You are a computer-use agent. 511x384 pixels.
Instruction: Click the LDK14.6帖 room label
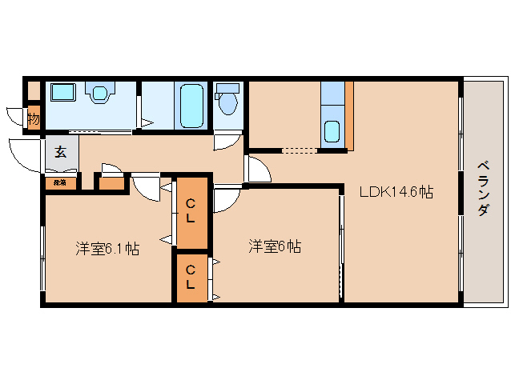click(396, 192)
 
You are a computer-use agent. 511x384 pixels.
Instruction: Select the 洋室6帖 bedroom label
click(274, 246)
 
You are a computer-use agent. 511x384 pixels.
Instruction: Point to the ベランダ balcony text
click(484, 188)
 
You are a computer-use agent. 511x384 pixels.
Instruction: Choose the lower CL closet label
click(191, 277)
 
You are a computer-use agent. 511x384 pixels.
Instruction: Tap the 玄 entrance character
click(60, 150)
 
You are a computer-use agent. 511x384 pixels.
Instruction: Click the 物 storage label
click(33, 119)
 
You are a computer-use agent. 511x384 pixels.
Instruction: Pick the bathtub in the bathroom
click(191, 105)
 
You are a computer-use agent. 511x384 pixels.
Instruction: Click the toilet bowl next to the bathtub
click(227, 102)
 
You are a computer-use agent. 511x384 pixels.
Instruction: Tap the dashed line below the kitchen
click(300, 150)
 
